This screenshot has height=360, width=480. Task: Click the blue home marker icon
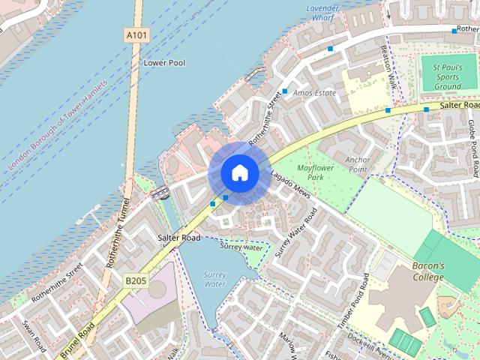pos(239,173)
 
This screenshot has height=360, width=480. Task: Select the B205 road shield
pos(135,280)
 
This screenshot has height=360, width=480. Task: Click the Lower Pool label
pos(164,63)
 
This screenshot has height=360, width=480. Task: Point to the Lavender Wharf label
pos(323,12)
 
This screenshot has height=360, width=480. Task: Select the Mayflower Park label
pos(314,172)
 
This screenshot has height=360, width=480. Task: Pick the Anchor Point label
pos(362,163)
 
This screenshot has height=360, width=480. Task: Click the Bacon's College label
pos(428,271)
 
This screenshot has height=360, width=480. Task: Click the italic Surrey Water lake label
pos(214,280)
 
